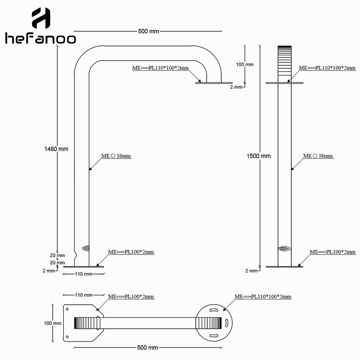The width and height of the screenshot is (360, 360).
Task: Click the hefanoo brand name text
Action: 40,38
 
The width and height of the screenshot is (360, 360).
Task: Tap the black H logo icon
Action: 41,18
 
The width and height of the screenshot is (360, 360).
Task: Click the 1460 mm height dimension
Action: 56,149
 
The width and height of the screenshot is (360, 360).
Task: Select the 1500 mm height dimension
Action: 259,156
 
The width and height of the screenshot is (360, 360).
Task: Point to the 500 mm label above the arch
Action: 148,31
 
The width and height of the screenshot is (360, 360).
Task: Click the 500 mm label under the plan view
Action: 147,348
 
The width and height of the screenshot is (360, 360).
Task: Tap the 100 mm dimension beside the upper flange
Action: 245,64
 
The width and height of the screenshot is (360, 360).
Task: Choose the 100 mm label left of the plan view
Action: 53,323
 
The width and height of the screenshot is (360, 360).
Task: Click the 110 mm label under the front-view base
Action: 84,274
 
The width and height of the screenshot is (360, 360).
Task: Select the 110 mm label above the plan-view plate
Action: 84,295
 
